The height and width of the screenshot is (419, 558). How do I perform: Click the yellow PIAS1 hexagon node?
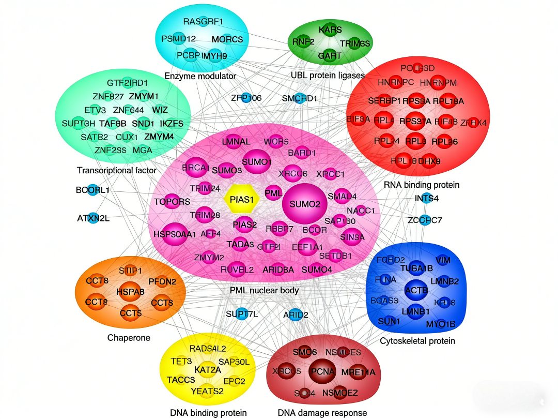(x=241, y=199)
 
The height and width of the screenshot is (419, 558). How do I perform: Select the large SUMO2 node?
(x=305, y=204)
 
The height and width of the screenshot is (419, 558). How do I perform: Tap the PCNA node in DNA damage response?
(x=323, y=371)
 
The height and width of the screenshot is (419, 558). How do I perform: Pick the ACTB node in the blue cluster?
(x=416, y=291)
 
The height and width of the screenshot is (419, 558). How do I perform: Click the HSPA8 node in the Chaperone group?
(x=130, y=292)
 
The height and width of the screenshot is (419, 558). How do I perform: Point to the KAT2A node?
(x=208, y=370)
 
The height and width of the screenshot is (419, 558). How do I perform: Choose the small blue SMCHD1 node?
(x=300, y=98)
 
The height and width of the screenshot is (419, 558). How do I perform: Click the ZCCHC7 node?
(x=425, y=220)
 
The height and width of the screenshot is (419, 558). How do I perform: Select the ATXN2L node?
(x=94, y=218)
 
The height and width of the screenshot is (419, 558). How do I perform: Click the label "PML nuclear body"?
(x=264, y=290)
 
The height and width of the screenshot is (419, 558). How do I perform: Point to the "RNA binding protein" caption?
(x=422, y=185)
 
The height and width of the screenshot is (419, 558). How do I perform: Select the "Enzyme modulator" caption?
(x=200, y=76)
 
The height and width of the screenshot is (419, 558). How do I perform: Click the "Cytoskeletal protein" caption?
(x=417, y=340)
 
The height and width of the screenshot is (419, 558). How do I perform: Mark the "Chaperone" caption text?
(x=129, y=338)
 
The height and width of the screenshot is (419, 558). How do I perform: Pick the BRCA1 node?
(x=195, y=168)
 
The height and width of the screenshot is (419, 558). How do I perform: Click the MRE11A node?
(x=358, y=372)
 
